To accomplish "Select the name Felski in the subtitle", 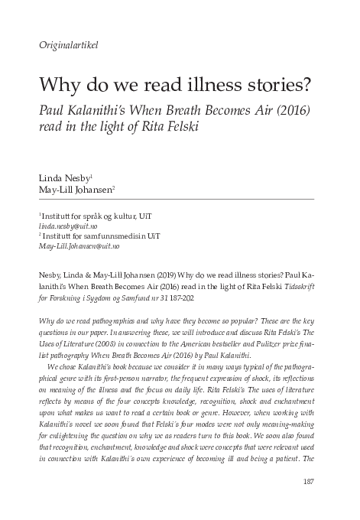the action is coord(178,126).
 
